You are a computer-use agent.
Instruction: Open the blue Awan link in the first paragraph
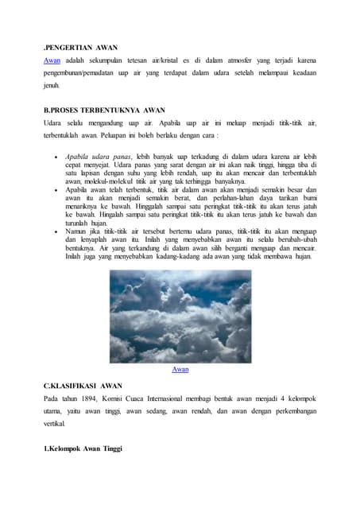pyautogui.click(x=52, y=60)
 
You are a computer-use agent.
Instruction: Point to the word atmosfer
pyautogui.click(x=205, y=60)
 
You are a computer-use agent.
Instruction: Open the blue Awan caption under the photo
pyautogui.click(x=180, y=370)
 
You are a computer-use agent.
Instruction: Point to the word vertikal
pyautogui.click(x=58, y=425)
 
